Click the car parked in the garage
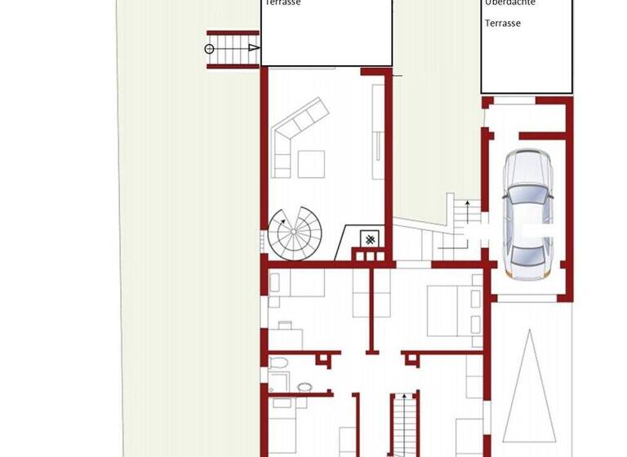527,214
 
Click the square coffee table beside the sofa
310,164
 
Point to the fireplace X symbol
371,239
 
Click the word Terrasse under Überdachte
503,24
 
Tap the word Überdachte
510,3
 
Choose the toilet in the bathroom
277,363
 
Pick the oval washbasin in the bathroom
305,387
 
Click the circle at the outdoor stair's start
209,49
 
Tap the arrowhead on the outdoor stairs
254,49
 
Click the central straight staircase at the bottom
403,424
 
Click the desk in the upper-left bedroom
291,335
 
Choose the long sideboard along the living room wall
378,131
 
